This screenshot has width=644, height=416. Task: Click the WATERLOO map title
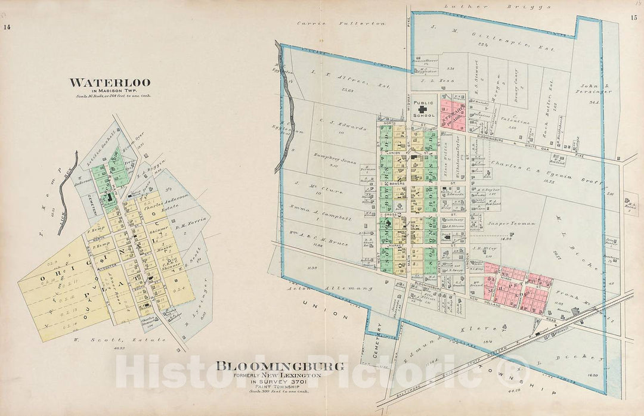coord(110,82)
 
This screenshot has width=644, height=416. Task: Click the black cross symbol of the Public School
coord(424,109)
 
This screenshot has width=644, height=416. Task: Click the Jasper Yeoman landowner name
coord(506,223)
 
